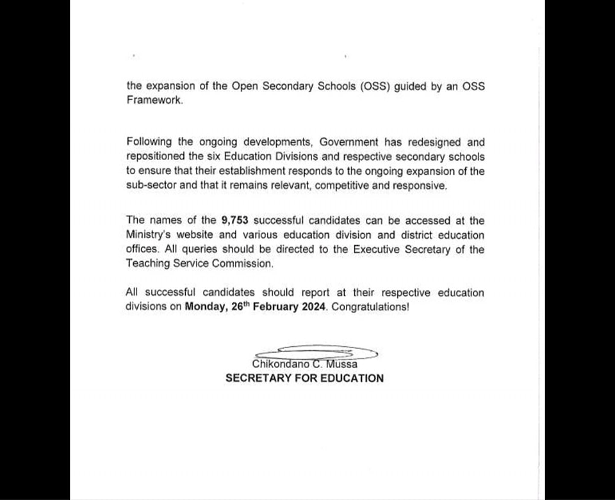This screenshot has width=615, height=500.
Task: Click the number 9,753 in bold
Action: pyautogui.click(x=235, y=221)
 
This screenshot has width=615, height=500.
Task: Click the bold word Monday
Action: pyautogui.click(x=206, y=307)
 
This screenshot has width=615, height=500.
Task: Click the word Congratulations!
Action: pyautogui.click(x=370, y=307)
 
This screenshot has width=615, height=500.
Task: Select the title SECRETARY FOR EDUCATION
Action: pyautogui.click(x=304, y=378)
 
